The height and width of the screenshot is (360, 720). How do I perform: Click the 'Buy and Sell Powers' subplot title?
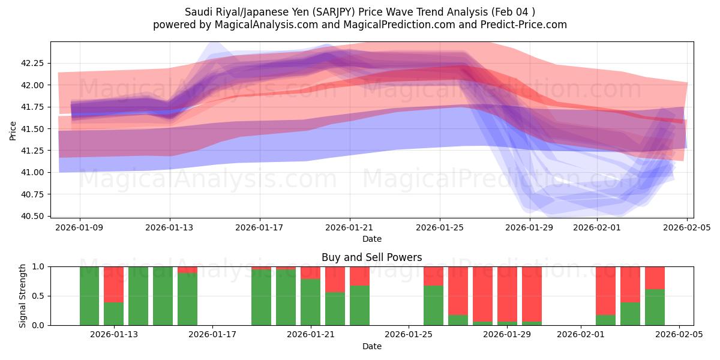[371, 257]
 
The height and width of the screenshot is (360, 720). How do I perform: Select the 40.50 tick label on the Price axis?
[35, 216]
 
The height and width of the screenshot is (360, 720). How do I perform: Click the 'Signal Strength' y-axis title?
[23, 295]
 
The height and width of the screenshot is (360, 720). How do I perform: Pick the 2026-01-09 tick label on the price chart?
[80, 228]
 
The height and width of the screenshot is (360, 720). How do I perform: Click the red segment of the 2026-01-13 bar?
[114, 284]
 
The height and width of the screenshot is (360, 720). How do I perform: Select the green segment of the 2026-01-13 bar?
[114, 314]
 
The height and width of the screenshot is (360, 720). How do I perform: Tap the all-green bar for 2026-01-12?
[89, 296]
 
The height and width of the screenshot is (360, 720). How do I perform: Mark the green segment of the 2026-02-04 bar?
[655, 307]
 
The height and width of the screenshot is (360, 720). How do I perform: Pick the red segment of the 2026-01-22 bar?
[335, 279]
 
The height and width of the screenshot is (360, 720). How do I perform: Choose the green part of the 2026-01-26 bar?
[433, 305]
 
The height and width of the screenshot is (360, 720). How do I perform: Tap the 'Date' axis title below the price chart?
[371, 239]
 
